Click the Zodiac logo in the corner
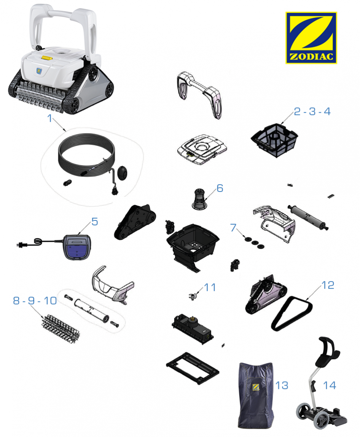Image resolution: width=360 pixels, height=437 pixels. (311, 38)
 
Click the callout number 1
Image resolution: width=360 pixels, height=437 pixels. (50, 118)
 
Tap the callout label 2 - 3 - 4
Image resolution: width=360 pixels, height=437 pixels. (312, 112)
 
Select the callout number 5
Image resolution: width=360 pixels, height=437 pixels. (95, 222)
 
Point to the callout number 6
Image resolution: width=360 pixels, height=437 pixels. (220, 188)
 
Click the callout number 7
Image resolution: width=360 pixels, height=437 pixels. (233, 228)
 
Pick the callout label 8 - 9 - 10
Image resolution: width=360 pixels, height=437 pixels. (35, 300)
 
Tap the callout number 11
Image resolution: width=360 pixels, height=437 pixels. (210, 287)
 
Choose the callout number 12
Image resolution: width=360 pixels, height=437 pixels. (328, 285)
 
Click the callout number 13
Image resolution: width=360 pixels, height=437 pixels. (282, 385)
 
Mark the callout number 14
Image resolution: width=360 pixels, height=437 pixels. (330, 385)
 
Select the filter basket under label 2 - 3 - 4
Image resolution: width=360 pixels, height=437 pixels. (274, 140)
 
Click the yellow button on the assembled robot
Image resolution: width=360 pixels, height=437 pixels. (47, 58)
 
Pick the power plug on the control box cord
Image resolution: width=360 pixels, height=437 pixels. (21, 245)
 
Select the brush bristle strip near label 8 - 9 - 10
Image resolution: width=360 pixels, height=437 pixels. (61, 329)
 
